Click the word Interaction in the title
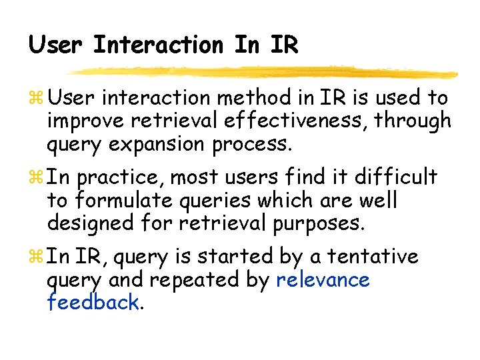pos(158,45)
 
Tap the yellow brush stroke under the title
pos(263,71)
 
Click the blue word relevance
pos(323,279)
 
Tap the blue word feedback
pos(93,302)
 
